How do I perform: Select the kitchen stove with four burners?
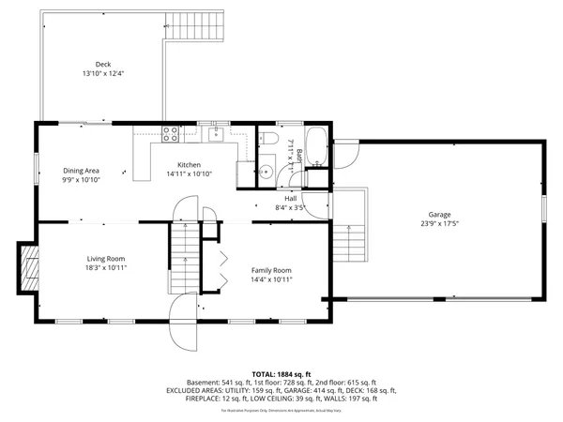tap(171, 134)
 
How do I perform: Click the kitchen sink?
tap(216, 135)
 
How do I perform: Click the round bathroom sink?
tap(266, 172)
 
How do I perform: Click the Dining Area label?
tap(82, 170)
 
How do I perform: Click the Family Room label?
tap(271, 269)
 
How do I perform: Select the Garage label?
tap(439, 215)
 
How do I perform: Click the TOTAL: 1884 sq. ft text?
tap(281, 373)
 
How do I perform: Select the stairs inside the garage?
tap(349, 244)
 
